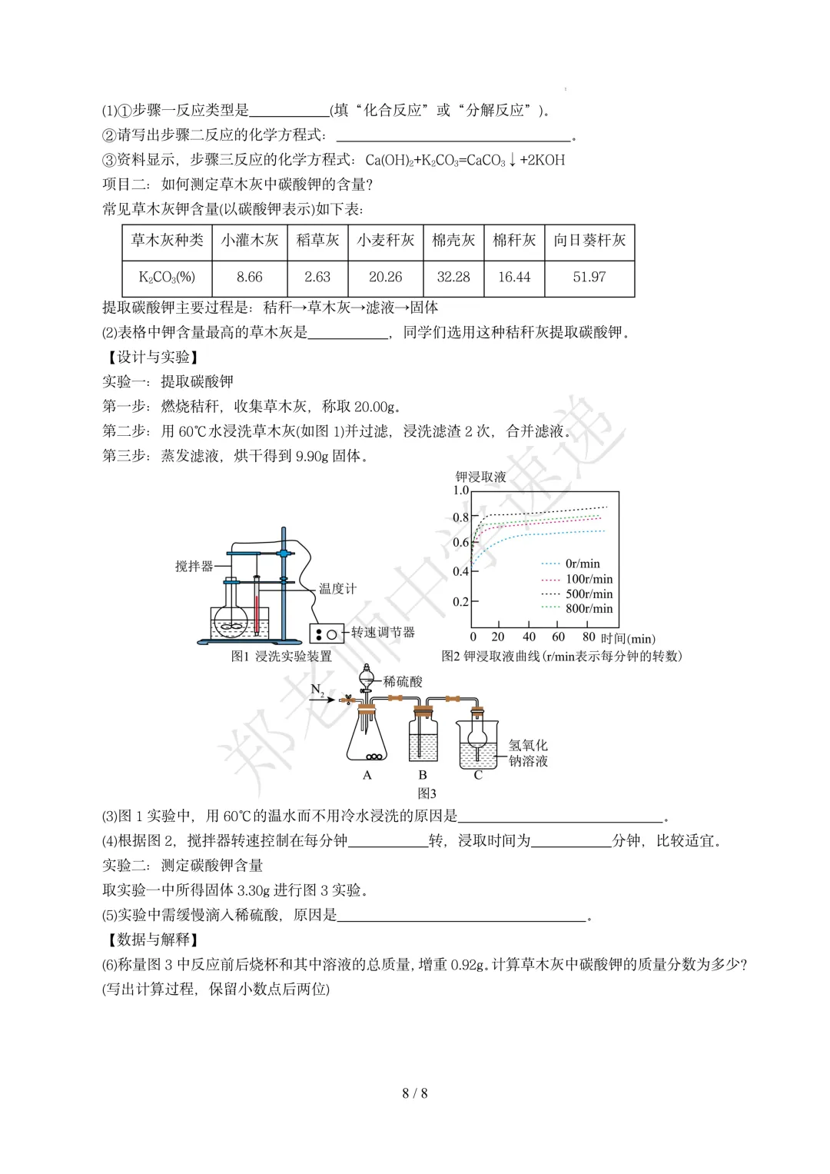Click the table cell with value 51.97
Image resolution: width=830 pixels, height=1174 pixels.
coord(589,277)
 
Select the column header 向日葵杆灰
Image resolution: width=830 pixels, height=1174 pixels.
coord(589,241)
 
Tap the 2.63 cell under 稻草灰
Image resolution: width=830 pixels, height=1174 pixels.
coord(317,277)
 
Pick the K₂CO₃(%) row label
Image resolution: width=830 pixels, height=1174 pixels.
coord(167,277)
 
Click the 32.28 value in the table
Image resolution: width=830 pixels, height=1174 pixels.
coord(453,277)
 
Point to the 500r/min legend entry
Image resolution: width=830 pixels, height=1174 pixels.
coord(589,594)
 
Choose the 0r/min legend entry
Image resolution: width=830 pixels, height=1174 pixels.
coord(582,564)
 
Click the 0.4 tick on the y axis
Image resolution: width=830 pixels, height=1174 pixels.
coord(460,571)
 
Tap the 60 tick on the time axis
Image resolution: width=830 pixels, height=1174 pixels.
coord(559,637)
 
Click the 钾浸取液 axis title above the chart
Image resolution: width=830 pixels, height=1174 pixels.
coord(481,477)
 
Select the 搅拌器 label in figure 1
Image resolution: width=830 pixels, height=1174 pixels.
coord(194,566)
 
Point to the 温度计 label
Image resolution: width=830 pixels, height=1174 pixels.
coord(338,589)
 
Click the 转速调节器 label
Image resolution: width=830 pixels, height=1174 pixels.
coord(383,632)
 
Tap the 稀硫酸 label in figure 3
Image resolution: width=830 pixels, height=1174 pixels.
coord(403,681)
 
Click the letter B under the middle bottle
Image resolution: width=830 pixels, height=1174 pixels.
coord(422,775)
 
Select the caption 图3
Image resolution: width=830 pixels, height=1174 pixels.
coord(427,793)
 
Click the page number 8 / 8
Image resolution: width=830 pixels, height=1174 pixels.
coord(415,1093)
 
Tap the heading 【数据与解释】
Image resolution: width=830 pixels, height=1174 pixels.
coord(151,940)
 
